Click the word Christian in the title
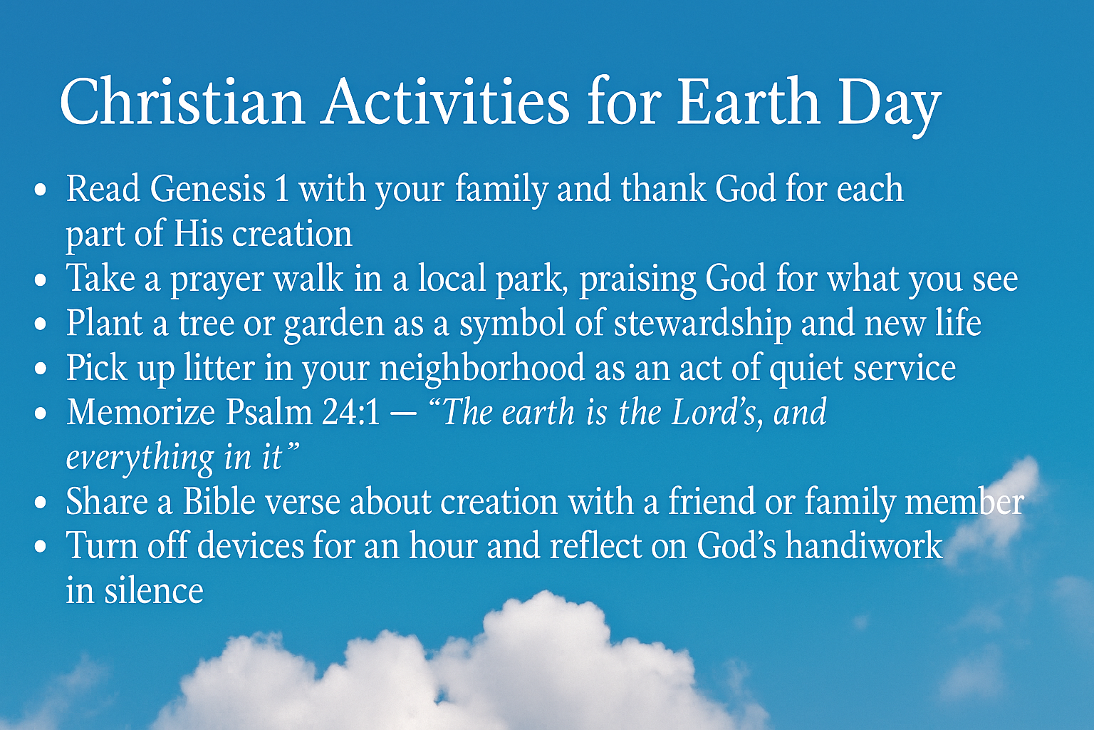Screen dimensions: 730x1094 click(x=182, y=102)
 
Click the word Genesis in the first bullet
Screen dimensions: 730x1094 click(x=207, y=190)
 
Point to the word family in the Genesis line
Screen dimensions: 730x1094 click(x=500, y=190)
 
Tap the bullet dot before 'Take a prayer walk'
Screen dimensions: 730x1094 click(x=41, y=279)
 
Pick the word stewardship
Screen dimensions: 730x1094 click(x=702, y=324)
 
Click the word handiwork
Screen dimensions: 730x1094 click(x=864, y=547)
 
